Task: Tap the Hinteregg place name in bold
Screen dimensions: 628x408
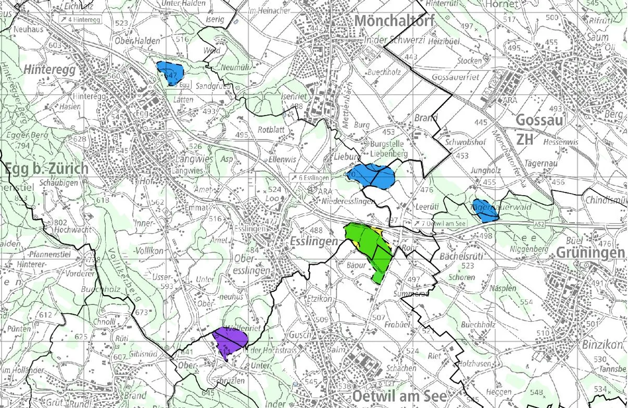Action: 50,70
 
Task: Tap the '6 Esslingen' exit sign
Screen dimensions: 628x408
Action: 311,178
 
